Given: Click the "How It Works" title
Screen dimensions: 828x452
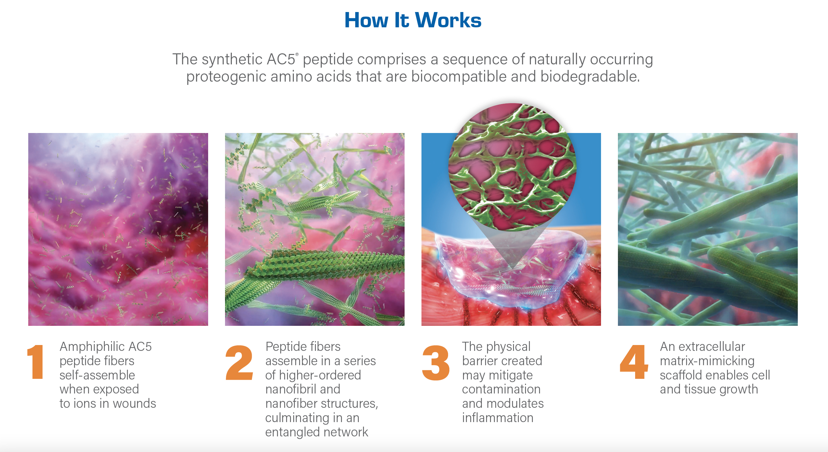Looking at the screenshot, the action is (413, 20).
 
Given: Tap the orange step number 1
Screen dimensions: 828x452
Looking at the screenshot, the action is (36, 362).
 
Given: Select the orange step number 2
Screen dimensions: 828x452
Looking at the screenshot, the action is (239, 363).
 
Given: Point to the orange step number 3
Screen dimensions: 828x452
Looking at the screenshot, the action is (436, 363).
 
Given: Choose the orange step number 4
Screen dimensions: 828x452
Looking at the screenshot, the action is (634, 362).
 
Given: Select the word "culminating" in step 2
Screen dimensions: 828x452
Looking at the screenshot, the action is (297, 418).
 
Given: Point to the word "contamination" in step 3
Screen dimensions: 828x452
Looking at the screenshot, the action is (501, 389).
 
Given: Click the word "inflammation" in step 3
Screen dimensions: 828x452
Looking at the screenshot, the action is (498, 418).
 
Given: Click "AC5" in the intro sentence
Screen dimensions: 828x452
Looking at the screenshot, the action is (281, 60).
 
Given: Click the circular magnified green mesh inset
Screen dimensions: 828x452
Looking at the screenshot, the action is (512, 167).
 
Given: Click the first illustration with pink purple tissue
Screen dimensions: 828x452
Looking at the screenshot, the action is (118, 229).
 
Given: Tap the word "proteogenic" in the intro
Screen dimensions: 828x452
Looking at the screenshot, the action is (226, 77).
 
